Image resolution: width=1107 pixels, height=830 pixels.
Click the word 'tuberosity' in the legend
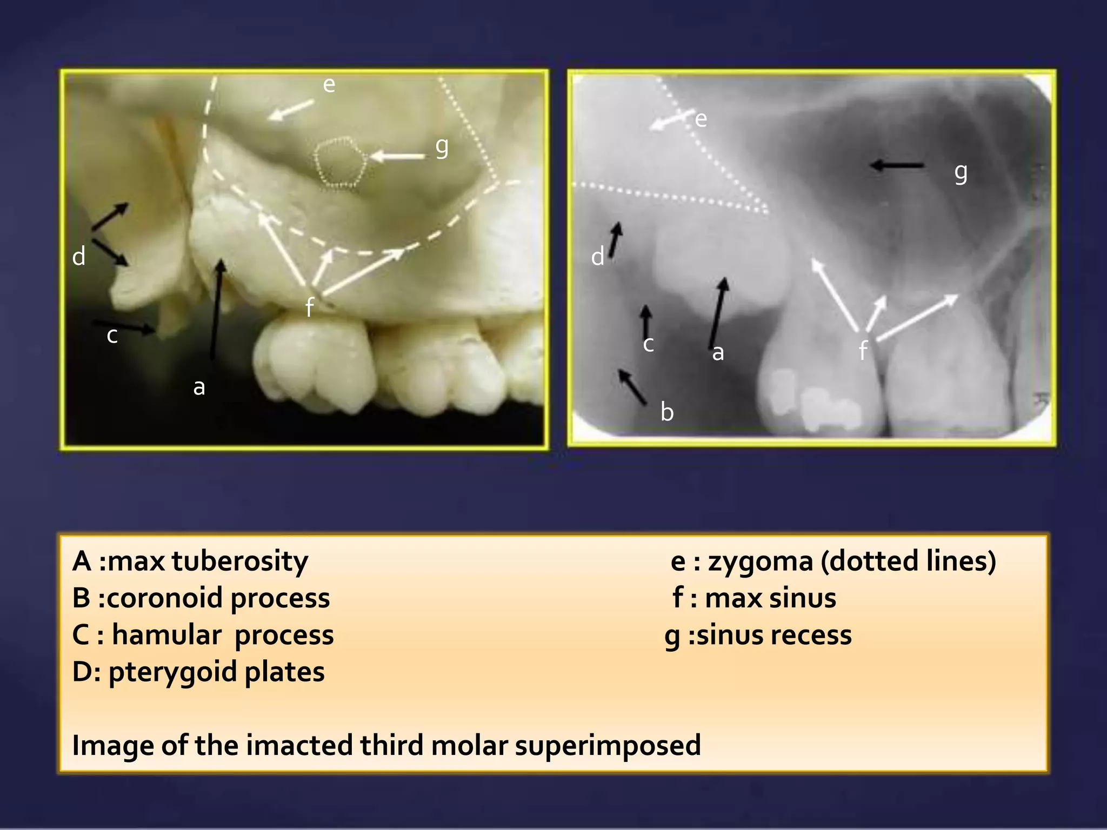[239, 561]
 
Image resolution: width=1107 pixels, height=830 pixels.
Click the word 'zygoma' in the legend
[761, 561]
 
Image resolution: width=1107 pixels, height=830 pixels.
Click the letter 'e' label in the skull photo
[329, 84]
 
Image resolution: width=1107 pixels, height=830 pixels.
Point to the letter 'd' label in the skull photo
[79, 256]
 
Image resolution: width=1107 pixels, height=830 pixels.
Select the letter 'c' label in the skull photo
[112, 336]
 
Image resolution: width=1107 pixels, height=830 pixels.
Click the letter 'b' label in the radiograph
[667, 412]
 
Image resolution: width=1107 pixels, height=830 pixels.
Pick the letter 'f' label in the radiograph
[863, 350]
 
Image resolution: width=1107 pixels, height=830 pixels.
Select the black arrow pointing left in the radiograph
[897, 165]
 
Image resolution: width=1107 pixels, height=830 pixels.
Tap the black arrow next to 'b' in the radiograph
[632, 387]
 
